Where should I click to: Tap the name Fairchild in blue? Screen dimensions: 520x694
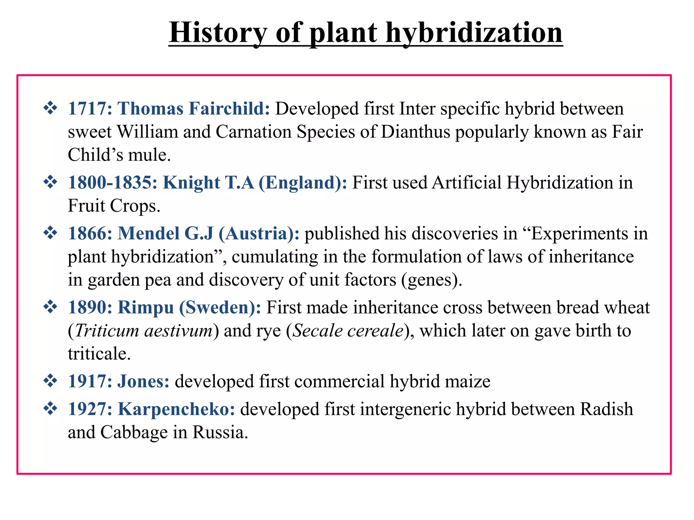coord(229,109)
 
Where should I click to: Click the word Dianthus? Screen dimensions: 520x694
coord(415,132)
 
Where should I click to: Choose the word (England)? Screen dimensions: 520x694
coord(303,182)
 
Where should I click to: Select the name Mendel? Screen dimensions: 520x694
coord(148,234)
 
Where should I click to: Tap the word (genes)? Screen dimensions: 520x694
coord(432,280)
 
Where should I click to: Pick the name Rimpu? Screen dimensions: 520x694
coord(146,308)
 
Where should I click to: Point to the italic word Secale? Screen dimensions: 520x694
coord(317,331)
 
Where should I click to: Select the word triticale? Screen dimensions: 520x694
coord(99,354)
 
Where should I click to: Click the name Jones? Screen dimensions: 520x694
coord(143,382)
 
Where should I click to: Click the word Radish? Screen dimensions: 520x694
coord(607,409)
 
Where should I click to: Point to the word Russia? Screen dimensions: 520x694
coord(220,432)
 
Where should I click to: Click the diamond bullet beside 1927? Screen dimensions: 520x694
coord(50,409)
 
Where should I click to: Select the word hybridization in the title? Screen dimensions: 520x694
coord(474,32)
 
